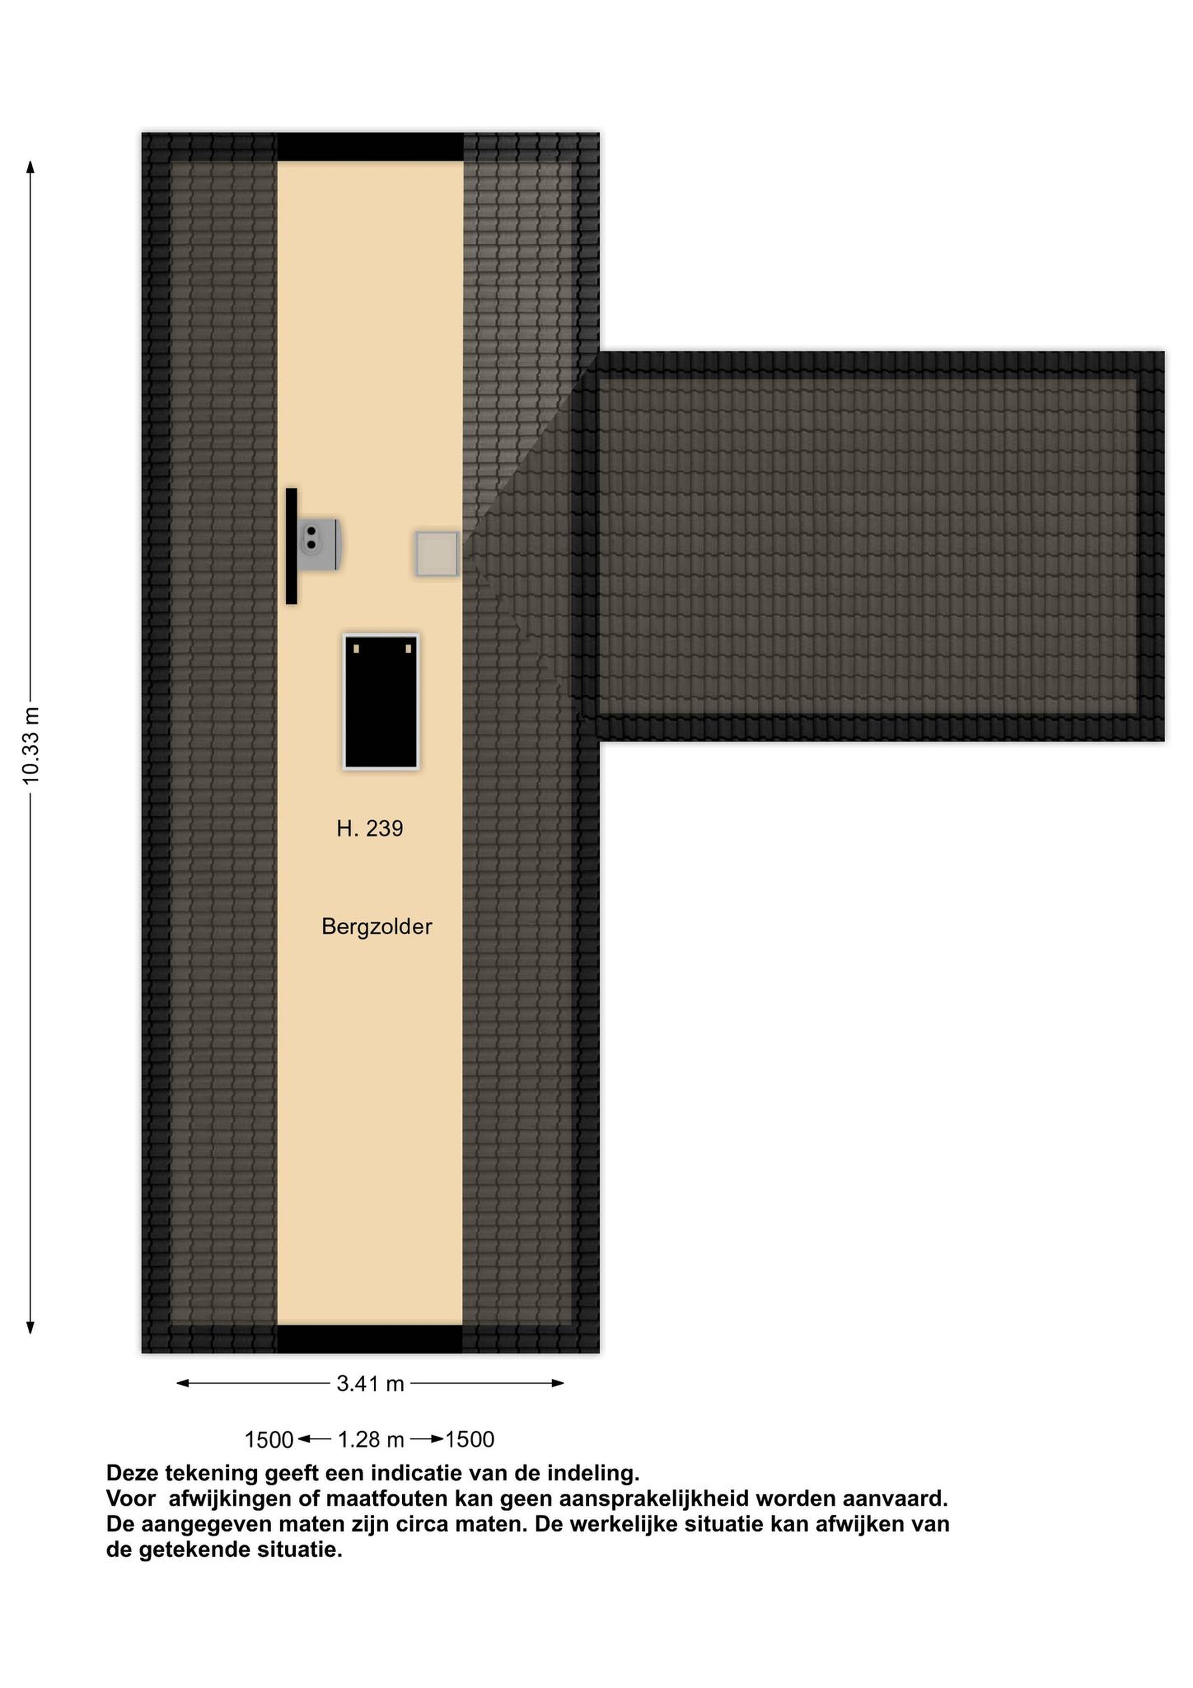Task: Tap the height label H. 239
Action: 370,829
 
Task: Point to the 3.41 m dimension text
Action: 370,1384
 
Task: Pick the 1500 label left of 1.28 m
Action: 269,1439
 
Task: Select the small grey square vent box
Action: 437,554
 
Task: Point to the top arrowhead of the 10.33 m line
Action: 30,168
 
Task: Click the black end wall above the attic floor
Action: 370,147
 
